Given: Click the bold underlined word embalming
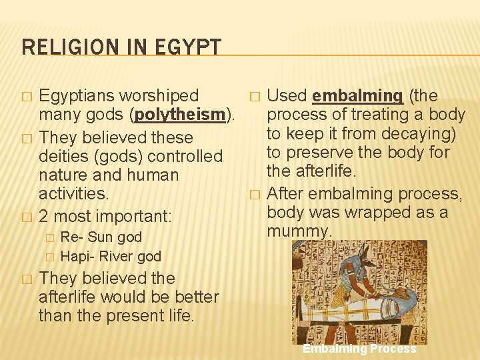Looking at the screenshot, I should coord(357,96).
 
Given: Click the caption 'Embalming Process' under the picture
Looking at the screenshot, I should coord(359,349).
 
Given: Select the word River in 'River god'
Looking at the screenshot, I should coord(117,256).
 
